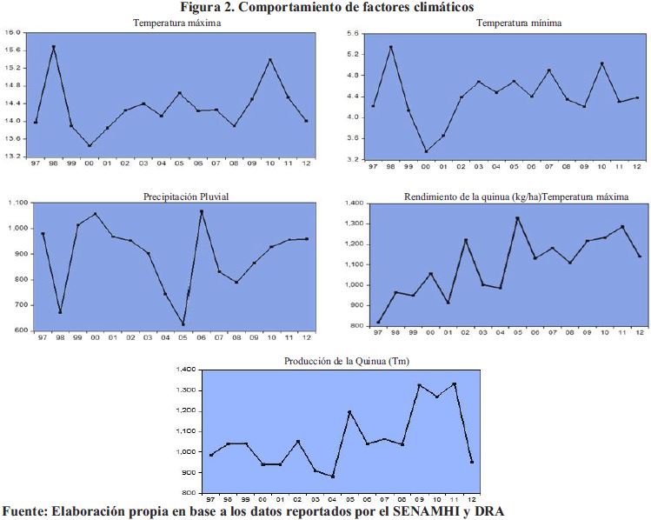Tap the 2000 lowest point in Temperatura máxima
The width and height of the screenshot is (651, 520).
(x=90, y=146)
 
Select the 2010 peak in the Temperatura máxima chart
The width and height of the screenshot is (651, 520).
(x=270, y=60)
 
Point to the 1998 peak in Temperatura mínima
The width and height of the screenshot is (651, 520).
(x=390, y=47)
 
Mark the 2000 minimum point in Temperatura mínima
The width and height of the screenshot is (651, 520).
(x=426, y=151)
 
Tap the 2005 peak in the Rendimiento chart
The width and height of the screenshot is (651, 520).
(x=517, y=218)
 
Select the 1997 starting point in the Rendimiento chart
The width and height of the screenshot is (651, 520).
(x=378, y=323)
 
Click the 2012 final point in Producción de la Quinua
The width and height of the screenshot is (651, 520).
(x=472, y=462)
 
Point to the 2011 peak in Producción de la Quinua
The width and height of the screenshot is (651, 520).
(x=454, y=384)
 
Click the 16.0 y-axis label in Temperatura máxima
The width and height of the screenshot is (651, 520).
(x=12, y=32)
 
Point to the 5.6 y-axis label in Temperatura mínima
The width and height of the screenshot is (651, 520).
(x=353, y=33)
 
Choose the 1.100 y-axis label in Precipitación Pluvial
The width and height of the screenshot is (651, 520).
(x=16, y=203)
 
